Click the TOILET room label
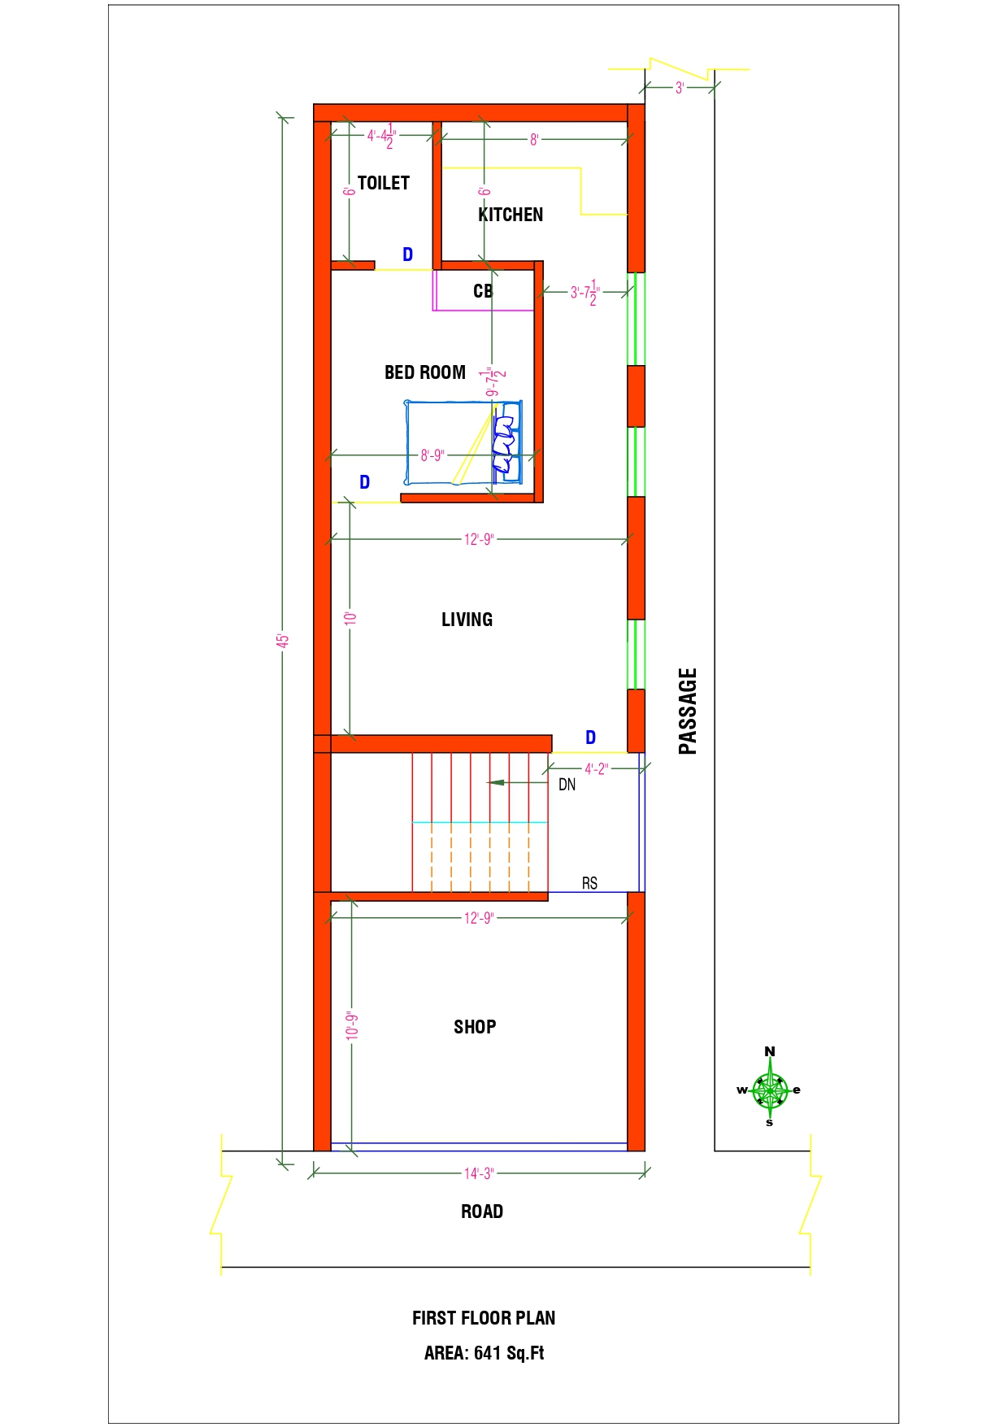(x=384, y=183)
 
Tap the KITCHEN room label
(x=511, y=215)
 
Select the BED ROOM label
(x=425, y=372)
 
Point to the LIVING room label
(x=467, y=620)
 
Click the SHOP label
(x=475, y=1027)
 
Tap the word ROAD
(x=482, y=1212)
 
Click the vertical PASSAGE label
(x=688, y=711)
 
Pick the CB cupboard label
(x=483, y=291)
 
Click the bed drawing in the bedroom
(x=463, y=442)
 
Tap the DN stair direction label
(x=567, y=785)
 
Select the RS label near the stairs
(x=589, y=883)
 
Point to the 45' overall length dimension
(x=282, y=640)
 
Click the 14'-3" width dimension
(x=479, y=1173)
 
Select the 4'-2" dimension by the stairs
(x=596, y=768)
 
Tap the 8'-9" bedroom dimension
(x=432, y=455)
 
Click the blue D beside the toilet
(x=408, y=255)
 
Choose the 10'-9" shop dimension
(x=352, y=1026)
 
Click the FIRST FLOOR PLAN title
(x=484, y=1318)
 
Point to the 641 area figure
(x=487, y=1353)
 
